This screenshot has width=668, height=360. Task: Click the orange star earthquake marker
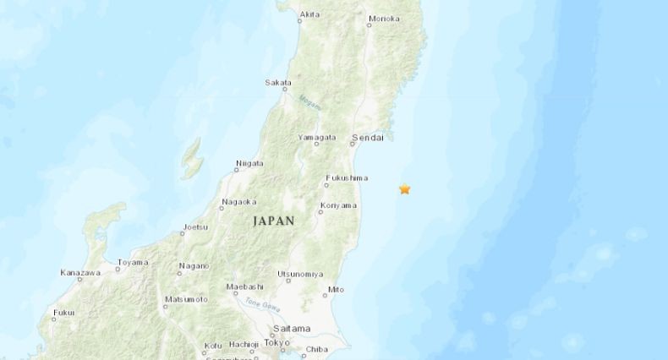click(x=405, y=188)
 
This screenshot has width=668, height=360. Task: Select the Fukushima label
click(x=348, y=178)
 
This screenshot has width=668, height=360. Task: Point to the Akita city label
click(x=310, y=14)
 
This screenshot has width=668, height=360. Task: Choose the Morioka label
click(x=385, y=19)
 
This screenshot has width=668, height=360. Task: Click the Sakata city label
click(x=277, y=82)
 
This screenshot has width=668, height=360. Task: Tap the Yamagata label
click(x=317, y=137)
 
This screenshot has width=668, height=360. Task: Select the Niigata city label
click(x=249, y=163)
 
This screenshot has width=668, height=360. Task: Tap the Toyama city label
click(x=133, y=262)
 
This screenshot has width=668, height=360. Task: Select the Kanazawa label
click(x=80, y=272)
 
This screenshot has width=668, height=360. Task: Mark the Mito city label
click(x=335, y=288)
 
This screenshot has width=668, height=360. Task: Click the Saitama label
click(x=290, y=328)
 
